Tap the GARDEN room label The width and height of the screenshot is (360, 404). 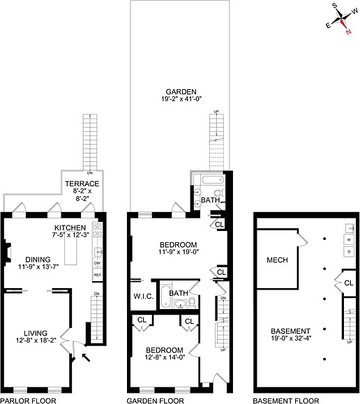coord(180,91)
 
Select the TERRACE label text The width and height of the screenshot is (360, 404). coord(83,184)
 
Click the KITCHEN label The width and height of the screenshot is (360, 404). coord(70,227)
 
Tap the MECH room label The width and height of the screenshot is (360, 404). coord(277,260)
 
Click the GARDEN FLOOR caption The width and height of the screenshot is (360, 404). coord(155,401)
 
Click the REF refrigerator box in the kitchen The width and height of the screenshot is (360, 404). coord(98,276)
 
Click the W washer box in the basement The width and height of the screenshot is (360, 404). coord(348,239)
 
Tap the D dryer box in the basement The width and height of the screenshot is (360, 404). coord(348,250)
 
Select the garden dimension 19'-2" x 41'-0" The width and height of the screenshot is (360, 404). coord(180,100)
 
